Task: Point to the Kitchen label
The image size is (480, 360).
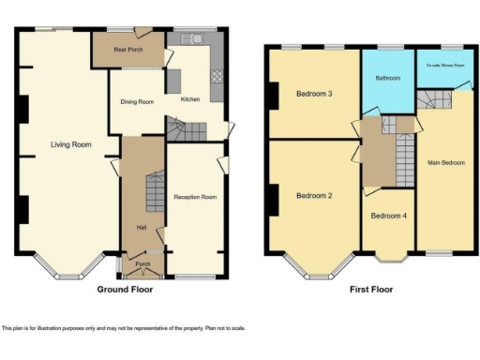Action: tap(189, 98)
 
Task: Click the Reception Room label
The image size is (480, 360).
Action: tap(195, 197)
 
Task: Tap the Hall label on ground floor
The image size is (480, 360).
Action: tap(142, 228)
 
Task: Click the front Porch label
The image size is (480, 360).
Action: tap(142, 264)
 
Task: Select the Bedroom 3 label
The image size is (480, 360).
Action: tap(315, 94)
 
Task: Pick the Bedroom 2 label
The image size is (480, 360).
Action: tap(315, 196)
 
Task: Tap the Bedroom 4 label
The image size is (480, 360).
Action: tap(388, 216)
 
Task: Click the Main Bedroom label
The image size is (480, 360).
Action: tap(445, 162)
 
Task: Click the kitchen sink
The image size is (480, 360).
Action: tap(196, 38)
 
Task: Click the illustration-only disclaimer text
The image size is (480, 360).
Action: tap(122, 328)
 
